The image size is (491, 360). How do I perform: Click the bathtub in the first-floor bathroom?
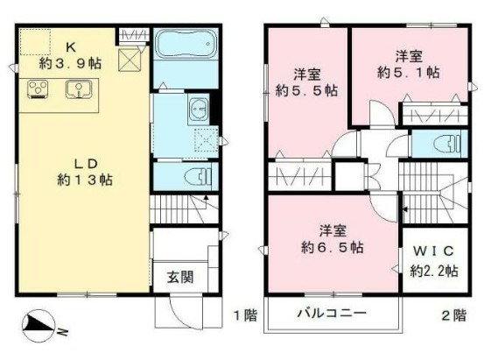click(x=184, y=44)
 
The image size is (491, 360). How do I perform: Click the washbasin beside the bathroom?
click(x=197, y=110)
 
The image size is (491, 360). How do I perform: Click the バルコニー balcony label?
click(x=330, y=313)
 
